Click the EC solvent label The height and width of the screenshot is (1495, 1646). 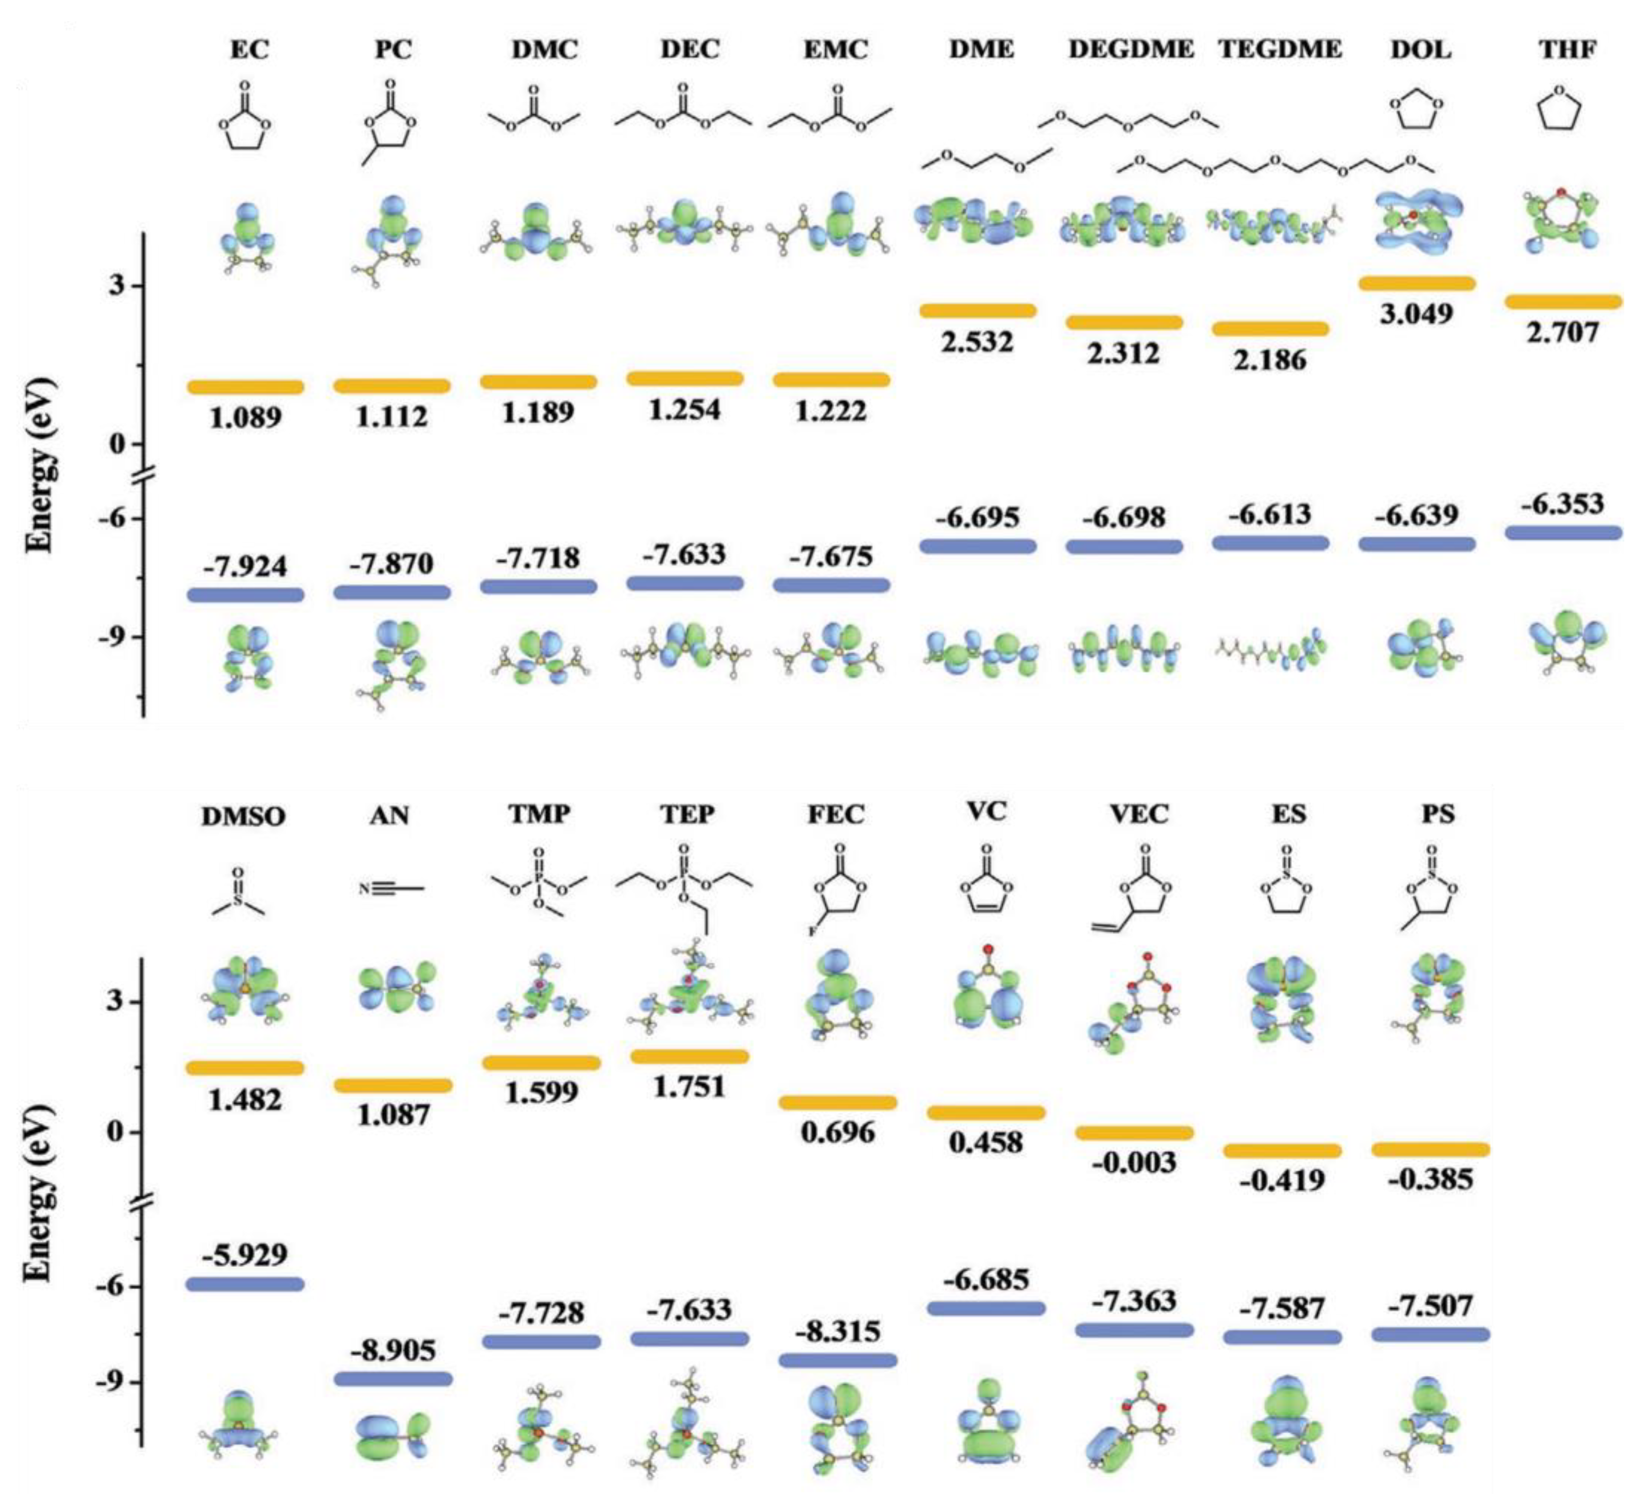249,50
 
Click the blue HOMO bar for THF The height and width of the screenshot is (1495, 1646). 1563,532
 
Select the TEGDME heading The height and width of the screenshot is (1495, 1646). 1280,50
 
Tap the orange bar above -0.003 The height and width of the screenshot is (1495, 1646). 1133,1132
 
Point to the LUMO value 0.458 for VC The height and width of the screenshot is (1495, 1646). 986,1142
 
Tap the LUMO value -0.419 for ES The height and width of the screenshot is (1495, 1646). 1282,1180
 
